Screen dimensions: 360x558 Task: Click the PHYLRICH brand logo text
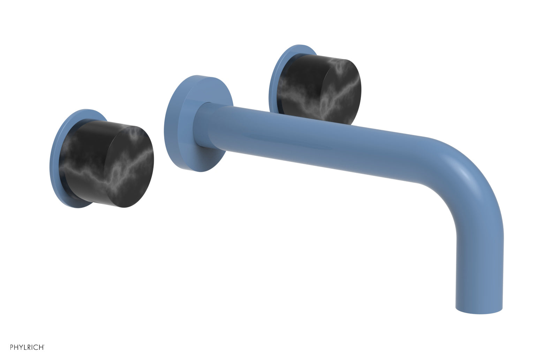point(27,347)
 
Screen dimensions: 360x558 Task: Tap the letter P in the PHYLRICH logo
point(12,347)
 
